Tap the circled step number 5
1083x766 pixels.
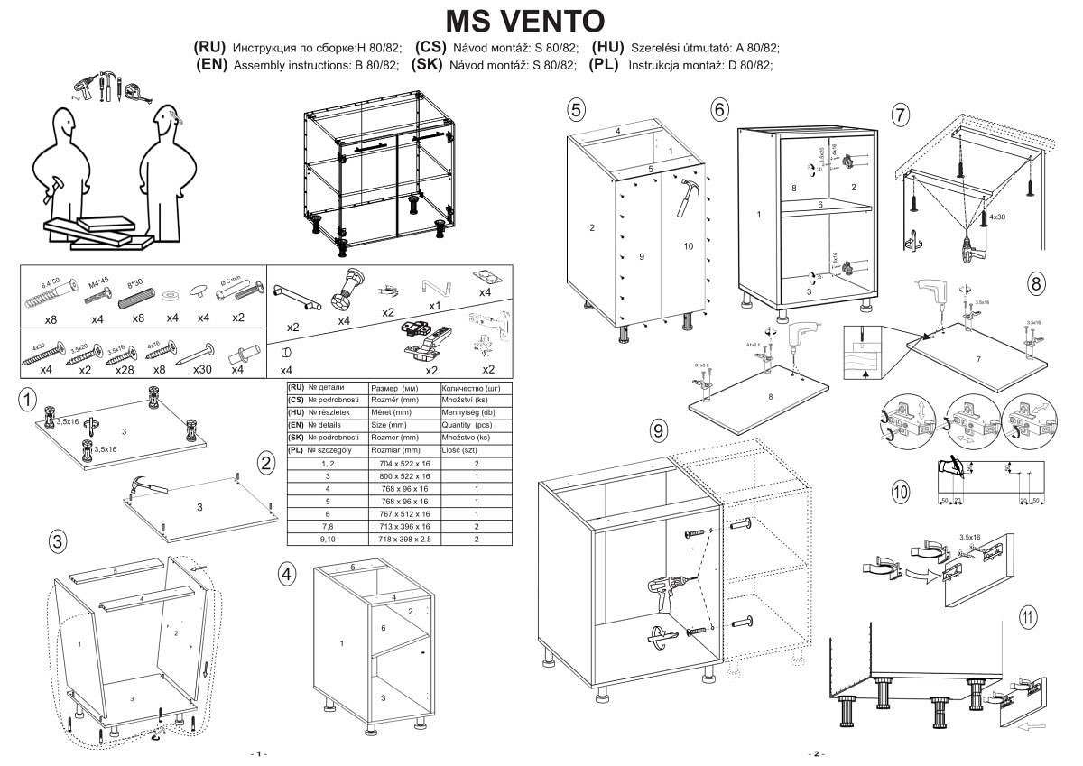coord(577,110)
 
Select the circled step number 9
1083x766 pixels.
coord(660,431)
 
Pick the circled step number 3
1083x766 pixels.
coord(58,541)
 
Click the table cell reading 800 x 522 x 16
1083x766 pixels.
coord(404,476)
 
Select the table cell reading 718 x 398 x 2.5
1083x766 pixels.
coord(404,539)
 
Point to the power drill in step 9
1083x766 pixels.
coord(668,587)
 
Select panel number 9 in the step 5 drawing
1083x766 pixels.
coord(641,257)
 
